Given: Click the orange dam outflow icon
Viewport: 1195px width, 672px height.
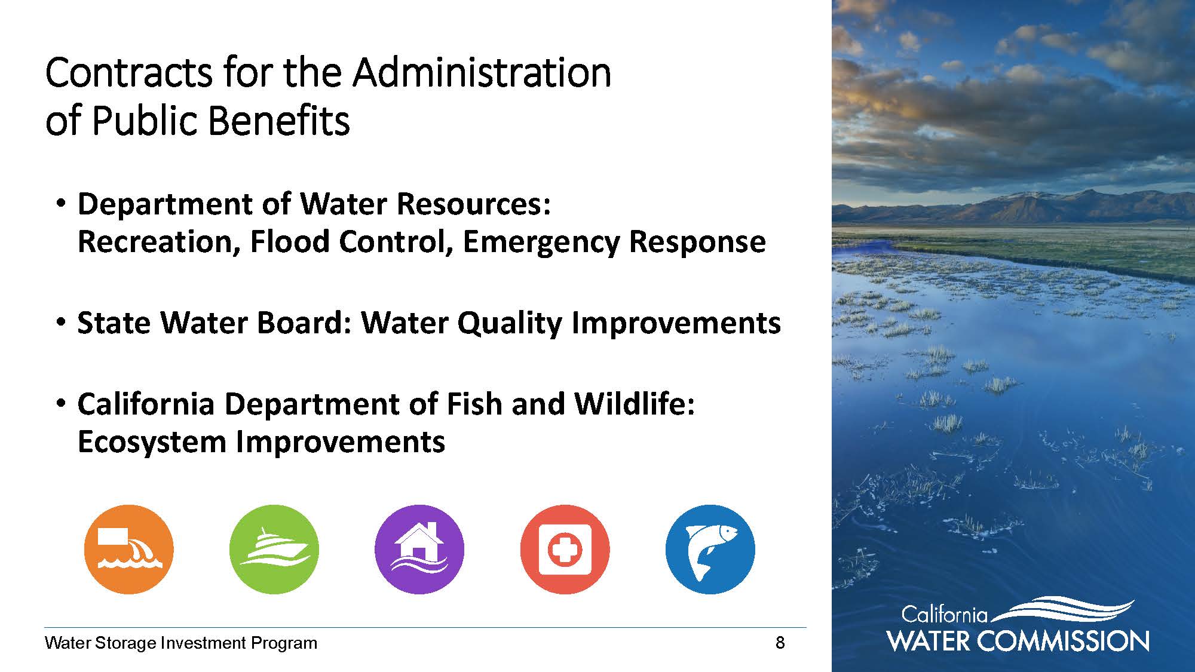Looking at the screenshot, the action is click(x=128, y=549).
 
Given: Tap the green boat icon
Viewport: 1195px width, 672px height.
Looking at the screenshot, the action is click(x=274, y=549).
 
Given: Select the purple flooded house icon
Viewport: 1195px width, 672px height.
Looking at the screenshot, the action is click(x=419, y=549).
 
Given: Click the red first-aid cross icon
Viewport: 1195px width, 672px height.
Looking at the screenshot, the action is click(x=565, y=549).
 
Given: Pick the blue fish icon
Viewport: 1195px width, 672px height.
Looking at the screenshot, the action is click(x=710, y=549).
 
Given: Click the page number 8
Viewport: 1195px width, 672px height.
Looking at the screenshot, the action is click(x=780, y=643).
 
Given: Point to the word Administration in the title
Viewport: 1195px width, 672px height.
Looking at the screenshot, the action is click(x=482, y=73).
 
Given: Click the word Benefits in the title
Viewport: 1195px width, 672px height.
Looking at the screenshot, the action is click(x=280, y=121).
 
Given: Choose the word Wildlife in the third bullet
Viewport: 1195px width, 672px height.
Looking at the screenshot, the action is click(x=635, y=404).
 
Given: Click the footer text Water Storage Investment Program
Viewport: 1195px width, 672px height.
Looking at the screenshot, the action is click(x=181, y=643).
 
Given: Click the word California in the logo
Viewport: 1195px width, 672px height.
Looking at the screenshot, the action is click(x=944, y=615).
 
